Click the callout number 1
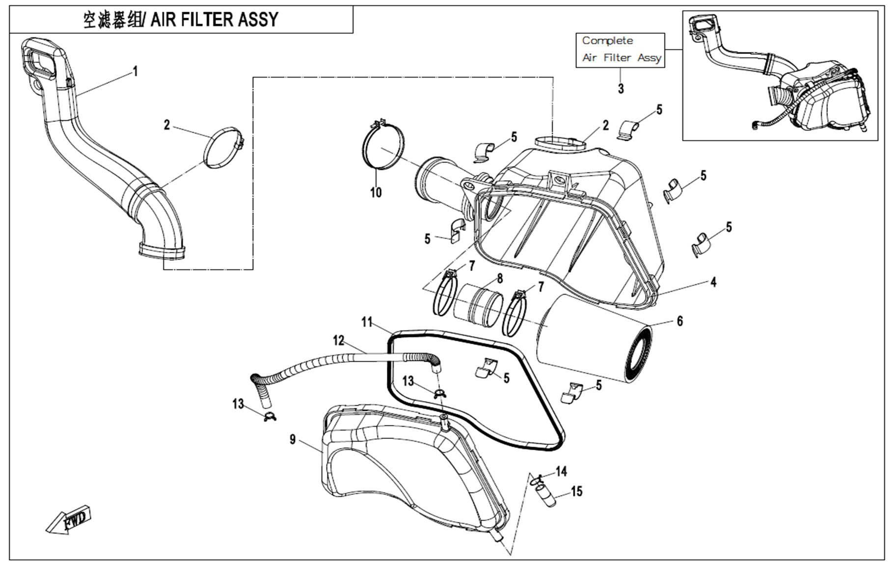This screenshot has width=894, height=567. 135,72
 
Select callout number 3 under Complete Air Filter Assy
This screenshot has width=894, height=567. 621,89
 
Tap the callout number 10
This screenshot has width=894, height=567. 376,192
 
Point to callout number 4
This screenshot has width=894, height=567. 713,282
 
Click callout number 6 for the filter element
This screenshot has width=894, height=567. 679,321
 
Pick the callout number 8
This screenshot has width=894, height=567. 500,279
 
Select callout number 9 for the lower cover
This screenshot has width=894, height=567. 293,439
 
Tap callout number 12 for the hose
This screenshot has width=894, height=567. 339,340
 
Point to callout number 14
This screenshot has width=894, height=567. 561,472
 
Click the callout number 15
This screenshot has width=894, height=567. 576,491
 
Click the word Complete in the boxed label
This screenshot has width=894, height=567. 607,41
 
